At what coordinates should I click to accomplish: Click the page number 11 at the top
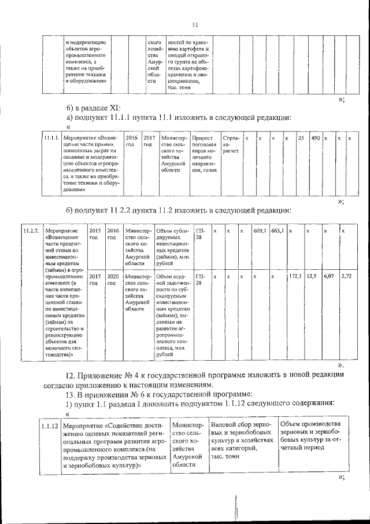(195, 24)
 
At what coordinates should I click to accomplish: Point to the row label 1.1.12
(50, 426)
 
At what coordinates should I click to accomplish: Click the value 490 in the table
(316, 139)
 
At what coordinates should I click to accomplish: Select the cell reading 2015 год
(95, 234)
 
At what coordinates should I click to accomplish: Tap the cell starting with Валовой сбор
(241, 439)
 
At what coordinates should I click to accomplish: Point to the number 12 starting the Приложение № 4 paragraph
(71, 375)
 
